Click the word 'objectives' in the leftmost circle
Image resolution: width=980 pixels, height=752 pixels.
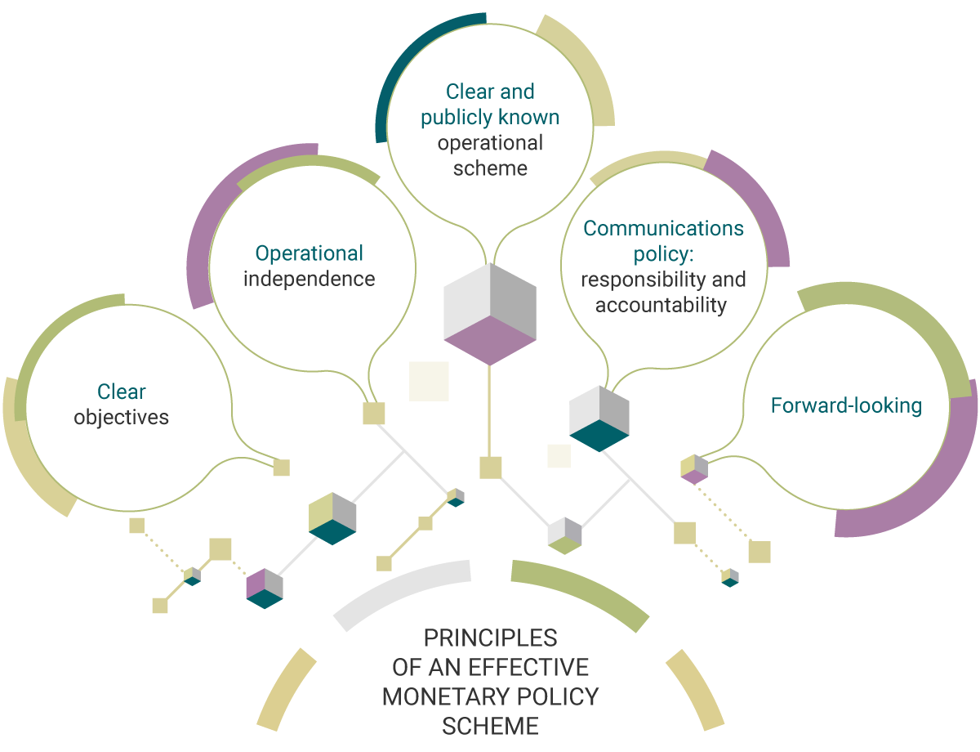click(x=121, y=417)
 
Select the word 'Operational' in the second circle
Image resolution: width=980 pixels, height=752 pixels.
click(x=309, y=253)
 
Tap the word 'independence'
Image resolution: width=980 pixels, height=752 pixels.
click(x=309, y=279)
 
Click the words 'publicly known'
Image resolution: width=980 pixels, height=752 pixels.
click(x=490, y=117)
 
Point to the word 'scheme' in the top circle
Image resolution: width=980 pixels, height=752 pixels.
click(x=490, y=168)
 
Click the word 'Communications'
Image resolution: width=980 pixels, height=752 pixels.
click(x=663, y=228)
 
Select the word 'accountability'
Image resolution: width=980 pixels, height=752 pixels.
click(x=661, y=306)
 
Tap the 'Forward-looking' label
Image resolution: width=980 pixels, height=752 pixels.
click(x=846, y=405)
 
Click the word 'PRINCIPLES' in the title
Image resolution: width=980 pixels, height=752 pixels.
click(x=490, y=638)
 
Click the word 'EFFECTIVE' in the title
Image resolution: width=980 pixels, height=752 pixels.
click(x=528, y=667)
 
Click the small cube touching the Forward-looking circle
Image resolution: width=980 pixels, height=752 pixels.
click(x=693, y=468)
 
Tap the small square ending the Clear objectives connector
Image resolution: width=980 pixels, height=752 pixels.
click(x=281, y=467)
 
